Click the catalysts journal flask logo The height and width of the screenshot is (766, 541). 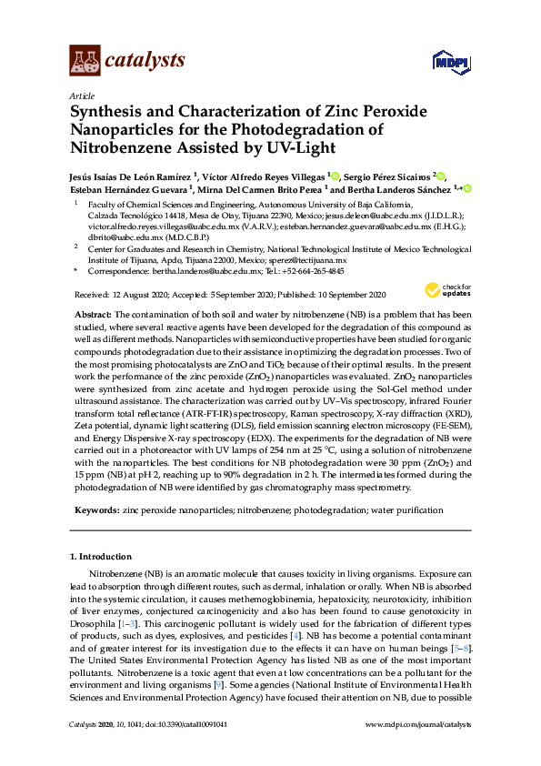(85, 61)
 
